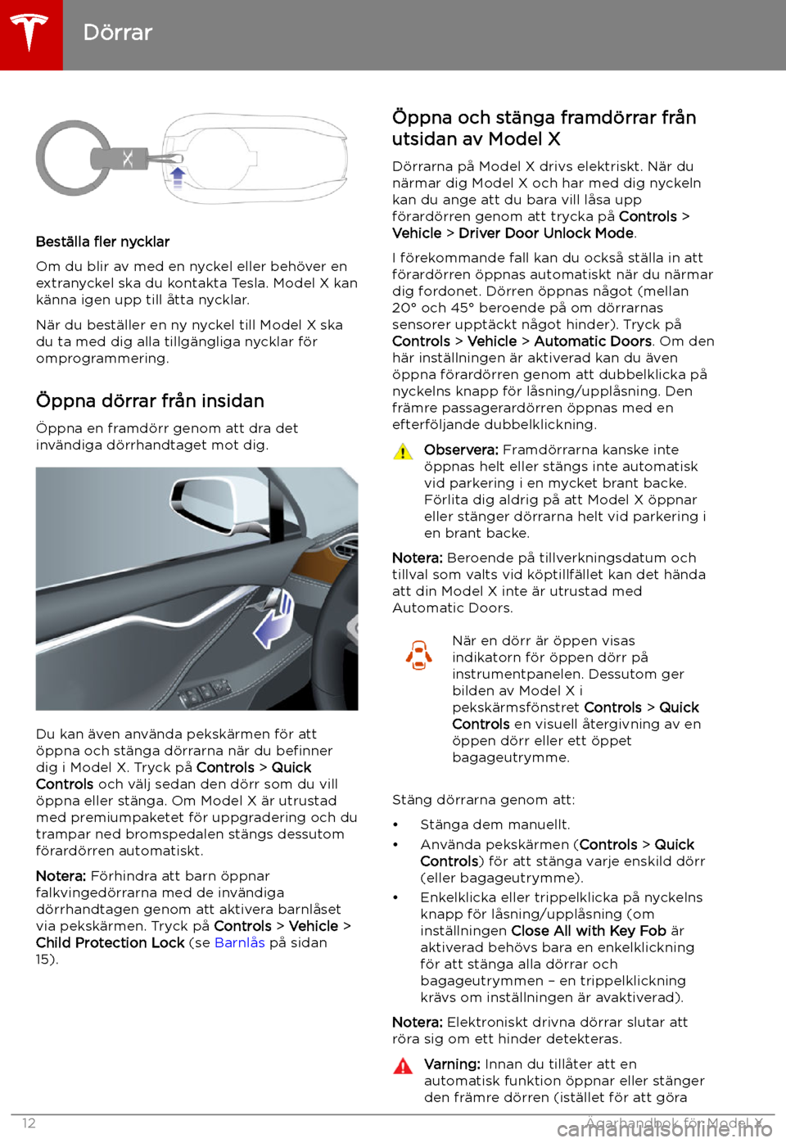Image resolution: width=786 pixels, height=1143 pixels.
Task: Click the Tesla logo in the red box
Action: tap(30, 33)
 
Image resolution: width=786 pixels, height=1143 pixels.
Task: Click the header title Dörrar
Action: tap(118, 33)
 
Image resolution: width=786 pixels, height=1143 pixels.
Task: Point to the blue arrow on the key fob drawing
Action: tap(178, 175)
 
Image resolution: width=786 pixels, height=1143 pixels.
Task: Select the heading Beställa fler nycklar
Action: tap(102, 242)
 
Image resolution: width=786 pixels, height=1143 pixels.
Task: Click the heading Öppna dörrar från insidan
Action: tap(150, 400)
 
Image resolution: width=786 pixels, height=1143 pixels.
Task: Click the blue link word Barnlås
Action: tap(239, 942)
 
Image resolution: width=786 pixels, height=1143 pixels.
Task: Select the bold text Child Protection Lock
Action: tap(110, 942)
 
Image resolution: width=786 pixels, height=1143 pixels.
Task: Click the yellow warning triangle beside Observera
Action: tap(403, 451)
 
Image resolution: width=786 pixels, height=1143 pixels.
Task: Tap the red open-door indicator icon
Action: tap(419, 655)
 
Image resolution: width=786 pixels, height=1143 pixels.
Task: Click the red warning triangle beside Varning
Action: tap(403, 1065)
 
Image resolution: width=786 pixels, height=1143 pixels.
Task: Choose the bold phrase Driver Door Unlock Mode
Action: tap(546, 233)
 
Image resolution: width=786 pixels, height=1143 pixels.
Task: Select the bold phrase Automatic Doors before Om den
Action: tap(593, 341)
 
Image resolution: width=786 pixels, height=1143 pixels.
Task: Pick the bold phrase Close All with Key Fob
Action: tap(588, 931)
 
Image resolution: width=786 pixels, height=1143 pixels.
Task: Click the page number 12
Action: tap(29, 1123)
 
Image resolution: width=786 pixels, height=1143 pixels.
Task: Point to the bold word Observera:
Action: tap(461, 450)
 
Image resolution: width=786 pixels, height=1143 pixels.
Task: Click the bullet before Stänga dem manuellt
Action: tap(395, 825)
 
